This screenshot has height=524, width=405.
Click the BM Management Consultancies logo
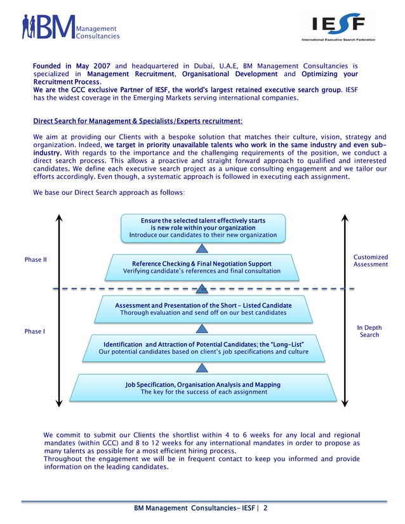(x=70, y=27)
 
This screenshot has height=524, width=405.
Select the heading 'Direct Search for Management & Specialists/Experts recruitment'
(x=138, y=121)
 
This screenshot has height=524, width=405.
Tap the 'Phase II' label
(x=36, y=260)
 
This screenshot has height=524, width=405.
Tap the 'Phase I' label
(x=34, y=332)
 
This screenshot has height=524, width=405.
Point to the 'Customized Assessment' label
(x=370, y=261)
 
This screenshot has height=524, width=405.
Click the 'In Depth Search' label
(x=369, y=331)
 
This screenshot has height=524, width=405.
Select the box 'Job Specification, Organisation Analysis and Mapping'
(x=202, y=388)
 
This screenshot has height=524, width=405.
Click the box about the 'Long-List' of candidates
(x=202, y=348)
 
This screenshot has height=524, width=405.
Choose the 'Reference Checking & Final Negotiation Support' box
(x=202, y=267)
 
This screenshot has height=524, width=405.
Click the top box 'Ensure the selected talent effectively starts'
(x=202, y=228)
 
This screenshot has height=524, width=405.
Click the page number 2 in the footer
(x=266, y=508)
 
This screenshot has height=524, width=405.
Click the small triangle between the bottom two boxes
(x=202, y=367)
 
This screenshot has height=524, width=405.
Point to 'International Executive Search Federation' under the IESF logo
(x=338, y=39)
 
